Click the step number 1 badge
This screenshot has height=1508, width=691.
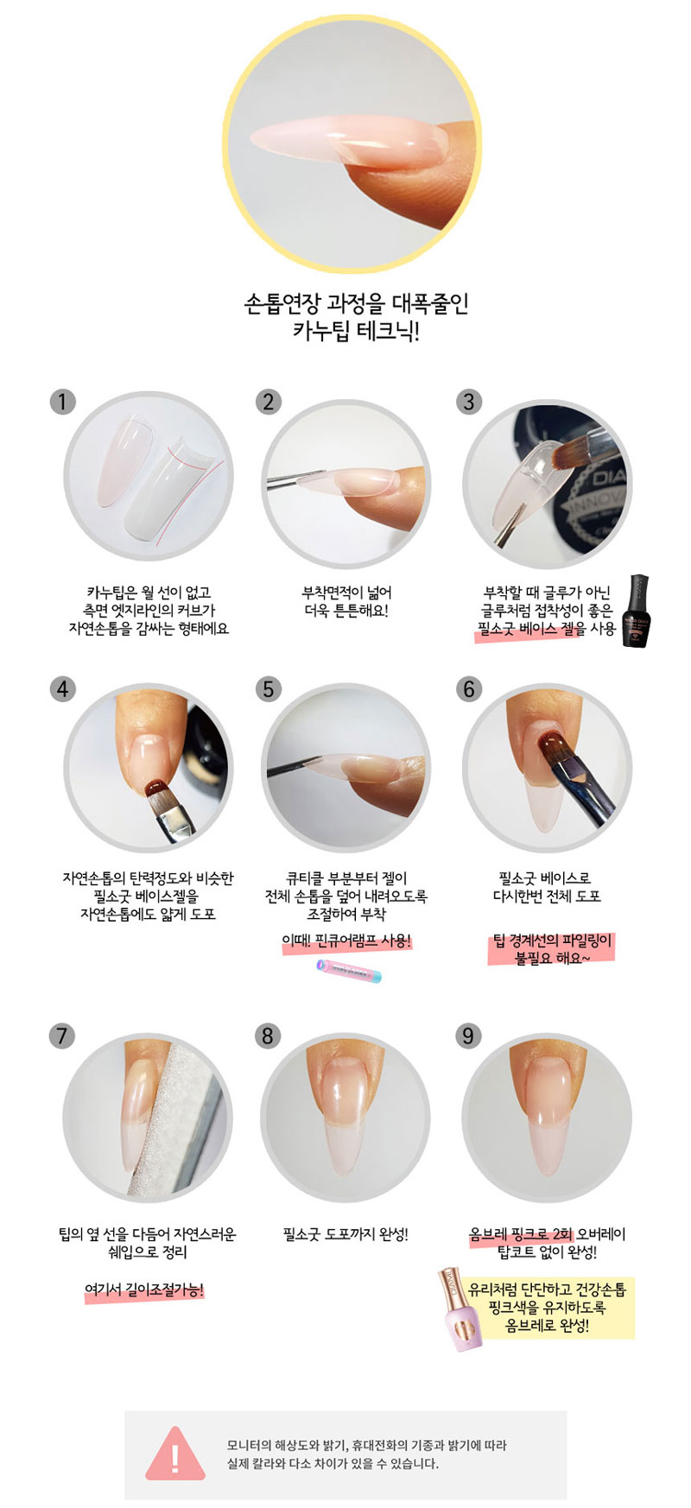click(63, 402)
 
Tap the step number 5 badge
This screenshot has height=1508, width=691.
click(269, 689)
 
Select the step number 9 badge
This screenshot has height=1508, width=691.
click(468, 1036)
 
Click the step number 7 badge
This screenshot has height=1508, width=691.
click(61, 1036)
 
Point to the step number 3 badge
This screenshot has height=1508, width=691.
click(469, 402)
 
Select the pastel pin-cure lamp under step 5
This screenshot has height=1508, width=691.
click(349, 971)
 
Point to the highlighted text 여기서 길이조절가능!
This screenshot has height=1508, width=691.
click(144, 1290)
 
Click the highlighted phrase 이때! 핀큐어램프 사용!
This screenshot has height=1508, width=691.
click(346, 941)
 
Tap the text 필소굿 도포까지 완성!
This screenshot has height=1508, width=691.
click(345, 1234)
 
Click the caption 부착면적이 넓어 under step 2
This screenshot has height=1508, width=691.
click(346, 592)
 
